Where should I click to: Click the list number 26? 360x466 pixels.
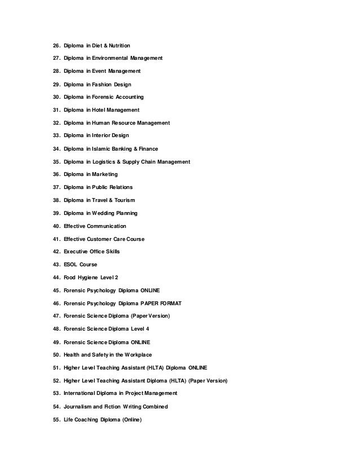[56, 45]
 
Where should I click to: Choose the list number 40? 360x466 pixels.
[56, 226]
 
